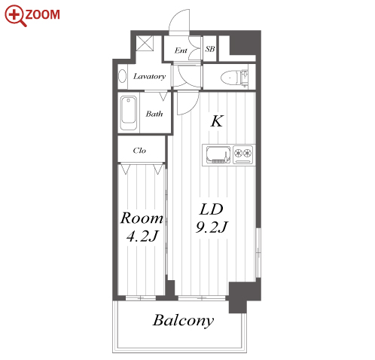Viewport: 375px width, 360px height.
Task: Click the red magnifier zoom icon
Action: coord(15,15)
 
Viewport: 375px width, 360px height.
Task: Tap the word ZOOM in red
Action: coord(42,14)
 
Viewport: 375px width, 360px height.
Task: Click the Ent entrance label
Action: coord(181,50)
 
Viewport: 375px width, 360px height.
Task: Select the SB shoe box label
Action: coord(210,49)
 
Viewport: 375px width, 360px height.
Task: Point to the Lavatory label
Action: coord(149,76)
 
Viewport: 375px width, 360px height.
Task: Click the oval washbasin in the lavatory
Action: coord(122,76)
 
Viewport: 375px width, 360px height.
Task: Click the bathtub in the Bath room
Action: coord(129,113)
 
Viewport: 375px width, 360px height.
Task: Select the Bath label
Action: coord(154,114)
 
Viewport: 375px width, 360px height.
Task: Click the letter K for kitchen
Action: coord(217,121)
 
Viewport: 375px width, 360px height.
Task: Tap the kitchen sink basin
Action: coord(218,154)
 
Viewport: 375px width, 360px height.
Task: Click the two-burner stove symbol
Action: coord(243,154)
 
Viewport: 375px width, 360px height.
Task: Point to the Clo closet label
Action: coord(139,151)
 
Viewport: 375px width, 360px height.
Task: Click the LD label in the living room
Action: coord(211,209)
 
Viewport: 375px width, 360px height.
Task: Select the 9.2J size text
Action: coord(212,227)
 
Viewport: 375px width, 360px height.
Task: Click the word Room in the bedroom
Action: coord(142,218)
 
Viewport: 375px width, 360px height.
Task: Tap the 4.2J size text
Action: coord(142,236)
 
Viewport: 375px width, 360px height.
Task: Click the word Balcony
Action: coord(184,321)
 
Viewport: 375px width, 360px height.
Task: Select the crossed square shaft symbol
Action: coord(145,44)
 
